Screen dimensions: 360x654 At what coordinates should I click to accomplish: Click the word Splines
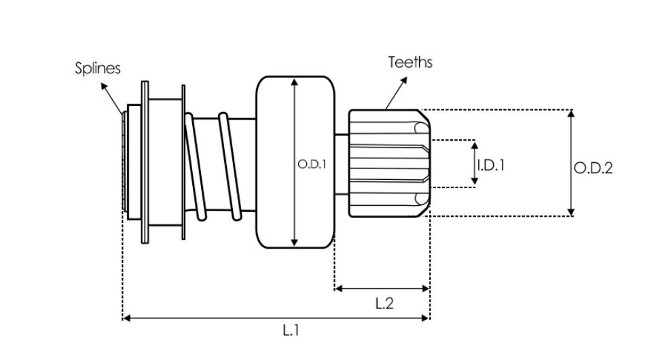click(x=97, y=69)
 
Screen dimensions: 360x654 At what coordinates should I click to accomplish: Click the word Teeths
click(x=410, y=62)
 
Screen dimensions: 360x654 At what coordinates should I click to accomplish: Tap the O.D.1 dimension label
click(x=312, y=164)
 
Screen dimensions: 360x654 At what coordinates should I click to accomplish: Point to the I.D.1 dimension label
click(x=490, y=164)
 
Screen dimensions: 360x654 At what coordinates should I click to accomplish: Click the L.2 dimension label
click(x=384, y=304)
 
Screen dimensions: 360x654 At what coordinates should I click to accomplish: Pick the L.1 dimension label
click(x=291, y=331)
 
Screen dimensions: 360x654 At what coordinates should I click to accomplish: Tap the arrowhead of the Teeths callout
click(x=405, y=78)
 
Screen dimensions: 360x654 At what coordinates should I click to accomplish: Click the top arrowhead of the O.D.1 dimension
click(x=294, y=82)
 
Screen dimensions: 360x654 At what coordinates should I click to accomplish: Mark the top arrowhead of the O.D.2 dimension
click(x=571, y=113)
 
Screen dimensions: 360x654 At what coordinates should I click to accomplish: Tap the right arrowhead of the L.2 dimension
click(x=426, y=289)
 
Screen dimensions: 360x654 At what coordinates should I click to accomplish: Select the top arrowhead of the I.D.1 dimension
click(x=474, y=145)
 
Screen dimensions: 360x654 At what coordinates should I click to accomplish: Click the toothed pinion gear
click(x=387, y=163)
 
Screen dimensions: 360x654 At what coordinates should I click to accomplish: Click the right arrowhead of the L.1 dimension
click(x=426, y=317)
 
